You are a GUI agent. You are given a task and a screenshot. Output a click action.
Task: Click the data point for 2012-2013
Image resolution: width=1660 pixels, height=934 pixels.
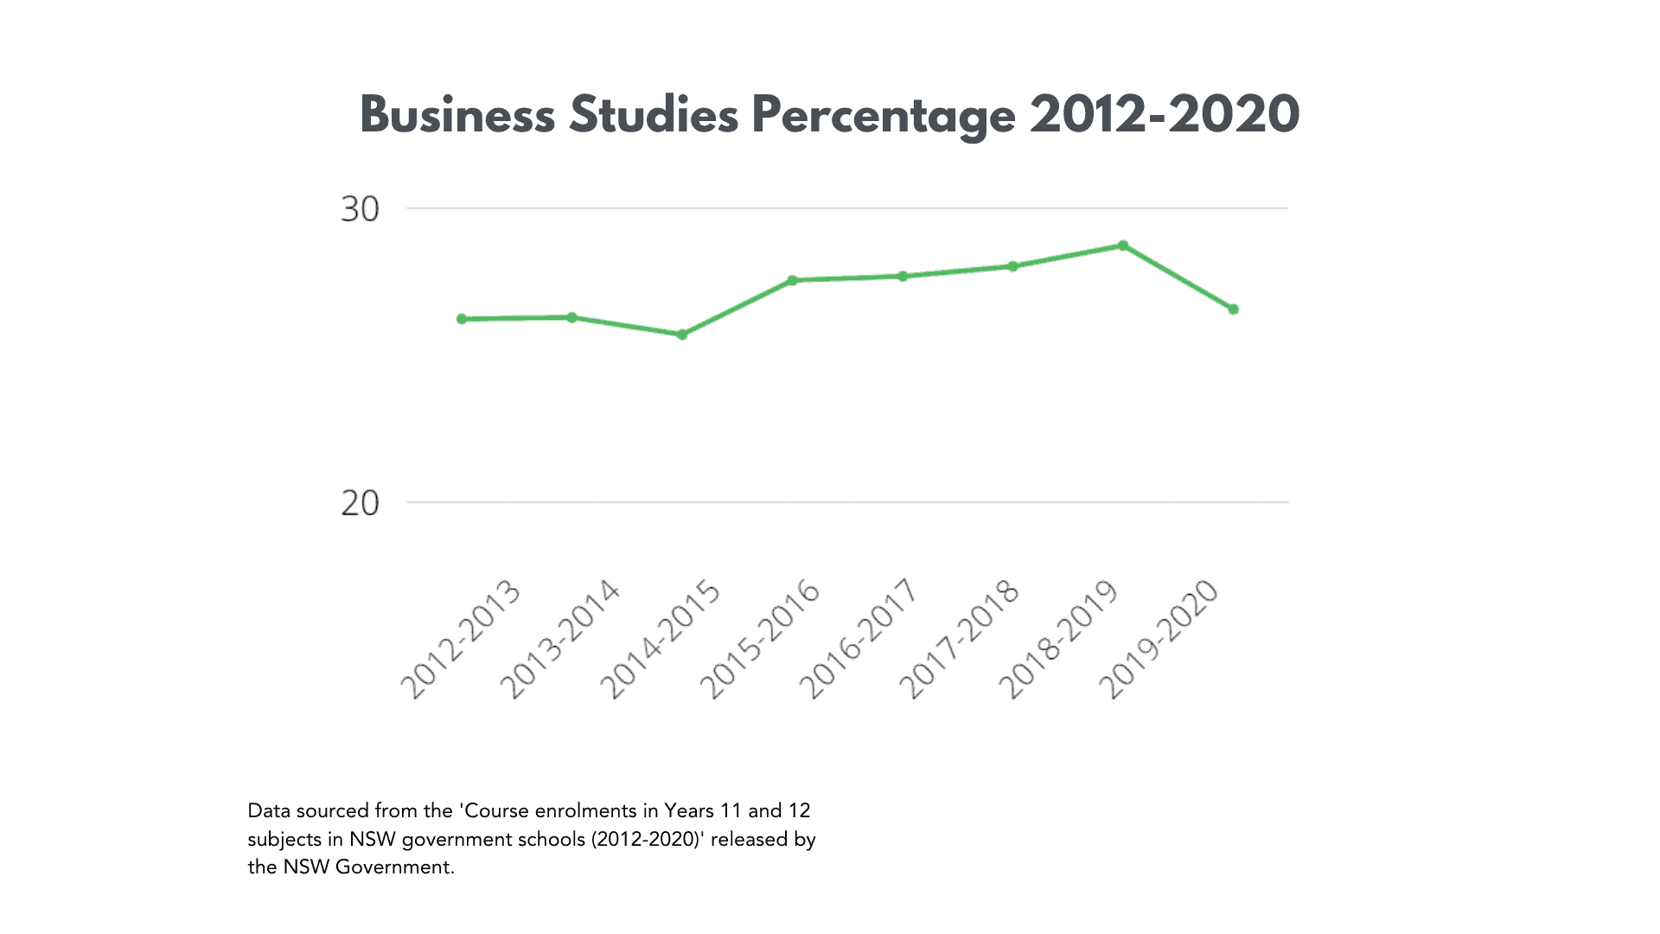click(462, 319)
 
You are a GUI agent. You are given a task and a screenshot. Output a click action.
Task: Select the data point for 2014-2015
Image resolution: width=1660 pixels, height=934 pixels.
click(682, 335)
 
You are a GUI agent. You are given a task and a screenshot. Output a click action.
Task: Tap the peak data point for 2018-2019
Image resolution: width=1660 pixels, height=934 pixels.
click(1123, 246)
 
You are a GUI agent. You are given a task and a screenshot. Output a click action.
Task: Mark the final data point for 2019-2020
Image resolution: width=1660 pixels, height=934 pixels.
click(1234, 310)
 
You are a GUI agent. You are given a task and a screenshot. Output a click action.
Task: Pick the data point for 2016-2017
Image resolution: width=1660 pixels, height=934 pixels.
click(903, 277)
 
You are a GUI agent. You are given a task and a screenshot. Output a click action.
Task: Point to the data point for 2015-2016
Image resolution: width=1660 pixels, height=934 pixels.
click(792, 280)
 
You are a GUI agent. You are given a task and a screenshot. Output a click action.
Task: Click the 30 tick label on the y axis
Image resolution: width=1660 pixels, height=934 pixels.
click(360, 209)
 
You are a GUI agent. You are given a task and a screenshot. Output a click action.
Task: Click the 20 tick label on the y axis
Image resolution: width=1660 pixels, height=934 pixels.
click(360, 503)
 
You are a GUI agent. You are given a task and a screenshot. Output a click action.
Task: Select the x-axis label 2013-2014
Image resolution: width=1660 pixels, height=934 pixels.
click(560, 639)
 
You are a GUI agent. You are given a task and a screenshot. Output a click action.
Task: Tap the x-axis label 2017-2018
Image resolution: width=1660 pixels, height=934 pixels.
click(960, 639)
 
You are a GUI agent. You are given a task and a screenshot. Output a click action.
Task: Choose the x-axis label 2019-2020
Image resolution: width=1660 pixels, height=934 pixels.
click(1159, 639)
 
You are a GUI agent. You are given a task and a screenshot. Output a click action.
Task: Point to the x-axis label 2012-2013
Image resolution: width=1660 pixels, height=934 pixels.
click(461, 639)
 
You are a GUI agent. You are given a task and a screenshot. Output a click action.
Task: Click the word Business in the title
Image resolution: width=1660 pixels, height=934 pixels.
click(457, 115)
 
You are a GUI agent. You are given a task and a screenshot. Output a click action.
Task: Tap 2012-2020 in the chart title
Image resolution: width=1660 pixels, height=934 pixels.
click(1165, 115)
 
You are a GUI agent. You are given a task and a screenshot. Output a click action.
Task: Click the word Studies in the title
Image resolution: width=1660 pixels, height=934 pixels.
click(654, 115)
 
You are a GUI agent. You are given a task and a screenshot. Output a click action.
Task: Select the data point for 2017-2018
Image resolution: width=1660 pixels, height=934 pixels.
click(1013, 266)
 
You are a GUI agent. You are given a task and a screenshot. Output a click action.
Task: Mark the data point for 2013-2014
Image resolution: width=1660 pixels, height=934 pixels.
click(571, 317)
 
